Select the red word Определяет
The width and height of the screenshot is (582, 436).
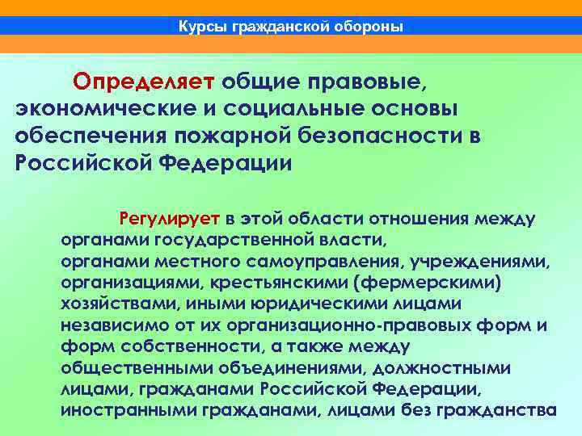click(143, 82)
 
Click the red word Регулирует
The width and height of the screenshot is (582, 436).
click(170, 218)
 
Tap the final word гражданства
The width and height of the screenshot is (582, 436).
click(496, 410)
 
